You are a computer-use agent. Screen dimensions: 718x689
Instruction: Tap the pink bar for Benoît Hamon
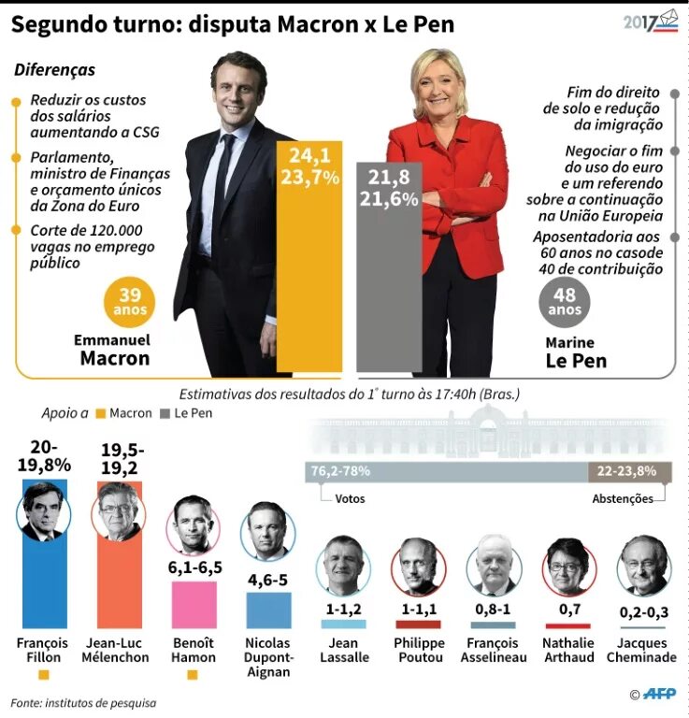point(194,604)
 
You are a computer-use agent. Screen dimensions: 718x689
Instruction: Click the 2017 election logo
point(651,22)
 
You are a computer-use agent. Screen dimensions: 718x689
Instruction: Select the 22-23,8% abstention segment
point(629,471)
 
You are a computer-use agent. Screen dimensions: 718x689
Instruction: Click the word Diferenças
point(55,70)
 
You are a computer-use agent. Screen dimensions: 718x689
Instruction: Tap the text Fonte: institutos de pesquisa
point(83,702)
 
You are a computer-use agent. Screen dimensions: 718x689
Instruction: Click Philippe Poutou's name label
point(418,650)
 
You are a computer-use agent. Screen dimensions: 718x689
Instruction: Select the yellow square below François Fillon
point(44,673)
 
